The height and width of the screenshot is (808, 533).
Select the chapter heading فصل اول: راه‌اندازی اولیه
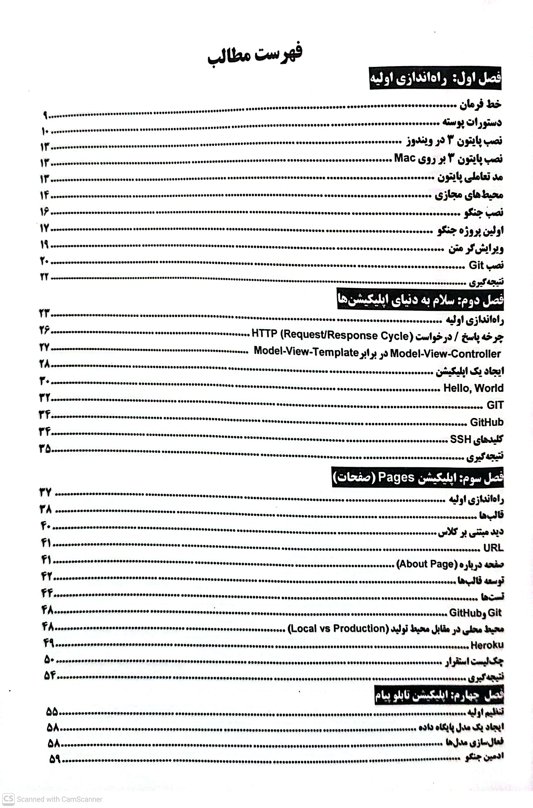(x=435, y=81)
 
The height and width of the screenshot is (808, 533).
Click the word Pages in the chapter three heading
(x=396, y=477)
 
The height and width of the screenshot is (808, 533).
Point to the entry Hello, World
(x=473, y=388)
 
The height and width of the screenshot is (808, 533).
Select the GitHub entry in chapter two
(x=486, y=422)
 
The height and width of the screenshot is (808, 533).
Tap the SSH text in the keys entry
(x=460, y=439)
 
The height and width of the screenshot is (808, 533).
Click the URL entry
(x=493, y=548)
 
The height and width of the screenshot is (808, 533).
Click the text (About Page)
(x=427, y=564)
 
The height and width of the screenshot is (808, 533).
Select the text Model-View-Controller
(x=445, y=354)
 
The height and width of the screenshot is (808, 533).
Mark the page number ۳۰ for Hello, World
(x=45, y=381)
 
